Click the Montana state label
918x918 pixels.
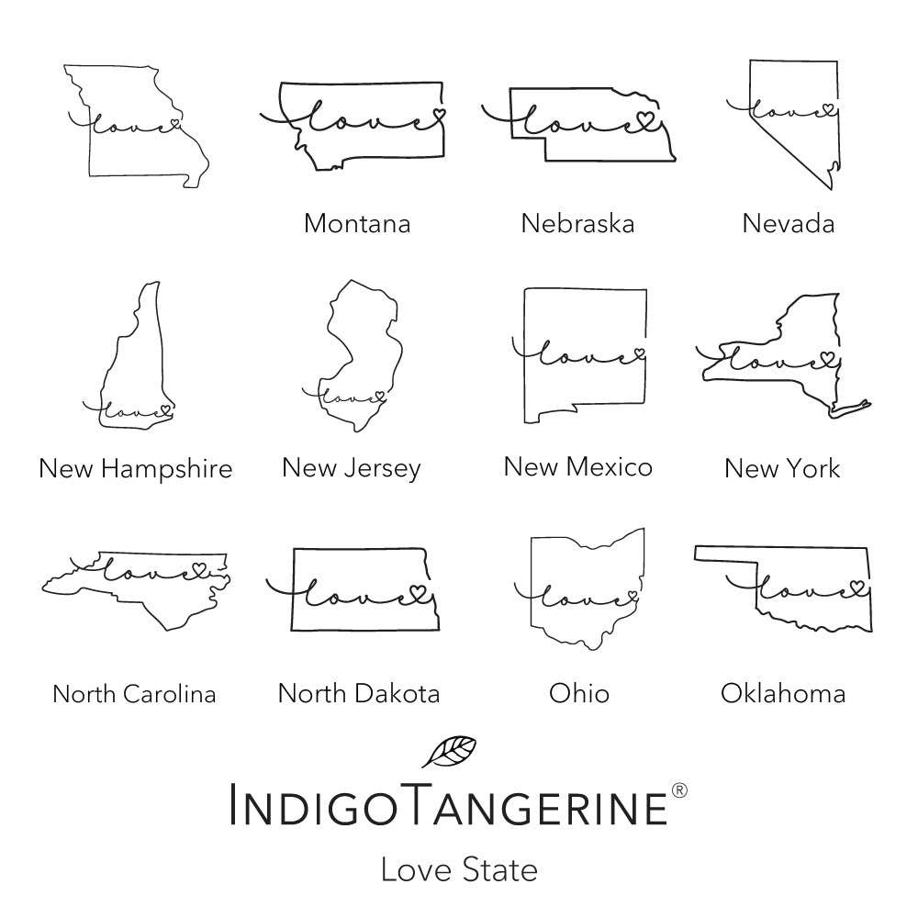tap(356, 223)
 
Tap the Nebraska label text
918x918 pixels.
tap(577, 223)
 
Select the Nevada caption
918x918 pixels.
tap(789, 223)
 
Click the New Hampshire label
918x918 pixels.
tap(136, 469)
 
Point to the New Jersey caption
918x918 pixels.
tap(351, 468)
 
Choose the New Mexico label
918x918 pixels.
tap(577, 466)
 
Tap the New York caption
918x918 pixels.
tap(781, 468)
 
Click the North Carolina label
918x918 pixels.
tap(134, 693)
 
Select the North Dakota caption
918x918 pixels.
tap(358, 693)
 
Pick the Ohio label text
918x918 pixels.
tap(578, 692)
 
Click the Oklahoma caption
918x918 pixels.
tap(782, 692)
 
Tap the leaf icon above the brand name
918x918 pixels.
tap(449, 751)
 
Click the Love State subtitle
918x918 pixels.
tap(458, 868)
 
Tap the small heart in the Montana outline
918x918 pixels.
tap(439, 116)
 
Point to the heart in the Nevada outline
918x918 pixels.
tap(828, 109)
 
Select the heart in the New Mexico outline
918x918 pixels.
tap(639, 353)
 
